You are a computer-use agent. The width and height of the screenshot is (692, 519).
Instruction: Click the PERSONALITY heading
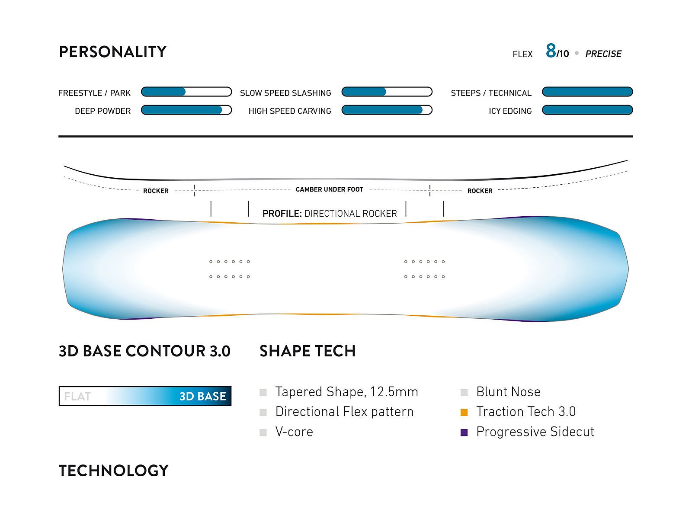point(112,51)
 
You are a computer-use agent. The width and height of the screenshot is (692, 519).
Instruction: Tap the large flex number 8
point(551,51)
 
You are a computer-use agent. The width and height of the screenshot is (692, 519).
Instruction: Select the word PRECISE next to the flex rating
point(603,54)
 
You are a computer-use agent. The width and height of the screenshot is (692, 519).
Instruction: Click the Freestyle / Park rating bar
point(186,92)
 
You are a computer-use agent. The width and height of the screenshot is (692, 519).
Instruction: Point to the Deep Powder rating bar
point(186,110)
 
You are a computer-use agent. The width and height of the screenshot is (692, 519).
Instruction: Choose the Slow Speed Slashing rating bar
point(387,92)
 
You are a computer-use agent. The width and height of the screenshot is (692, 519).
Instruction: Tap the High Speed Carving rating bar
point(387,110)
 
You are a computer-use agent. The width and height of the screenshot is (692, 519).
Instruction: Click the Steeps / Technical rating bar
point(587,92)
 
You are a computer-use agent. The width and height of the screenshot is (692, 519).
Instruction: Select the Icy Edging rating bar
point(587,110)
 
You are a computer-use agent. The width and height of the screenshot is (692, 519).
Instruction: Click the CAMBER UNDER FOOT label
point(330,189)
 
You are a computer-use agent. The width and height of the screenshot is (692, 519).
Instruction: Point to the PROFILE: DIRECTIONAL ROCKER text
point(330,214)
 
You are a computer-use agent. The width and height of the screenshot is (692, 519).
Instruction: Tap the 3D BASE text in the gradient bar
point(202,396)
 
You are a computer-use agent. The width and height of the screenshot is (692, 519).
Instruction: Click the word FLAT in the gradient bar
point(77,396)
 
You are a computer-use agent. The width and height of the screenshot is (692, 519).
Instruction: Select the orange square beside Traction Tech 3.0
point(464,412)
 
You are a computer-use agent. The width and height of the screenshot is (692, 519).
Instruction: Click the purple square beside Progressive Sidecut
point(464,432)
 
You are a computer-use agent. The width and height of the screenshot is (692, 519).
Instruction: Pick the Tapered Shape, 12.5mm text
point(346,392)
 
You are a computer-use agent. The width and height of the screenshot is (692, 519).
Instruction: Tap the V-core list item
point(294,432)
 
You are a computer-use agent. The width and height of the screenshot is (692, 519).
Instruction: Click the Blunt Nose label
point(508,392)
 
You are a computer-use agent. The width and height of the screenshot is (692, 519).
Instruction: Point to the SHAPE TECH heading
point(308,351)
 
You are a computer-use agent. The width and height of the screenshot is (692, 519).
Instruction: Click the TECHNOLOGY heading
point(113,471)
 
